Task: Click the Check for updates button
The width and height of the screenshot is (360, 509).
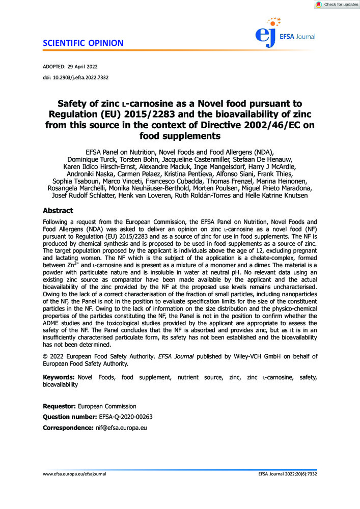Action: (x=337, y=5)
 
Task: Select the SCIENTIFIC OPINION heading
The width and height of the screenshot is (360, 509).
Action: (x=79, y=43)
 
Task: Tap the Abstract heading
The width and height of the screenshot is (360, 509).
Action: (x=58, y=211)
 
